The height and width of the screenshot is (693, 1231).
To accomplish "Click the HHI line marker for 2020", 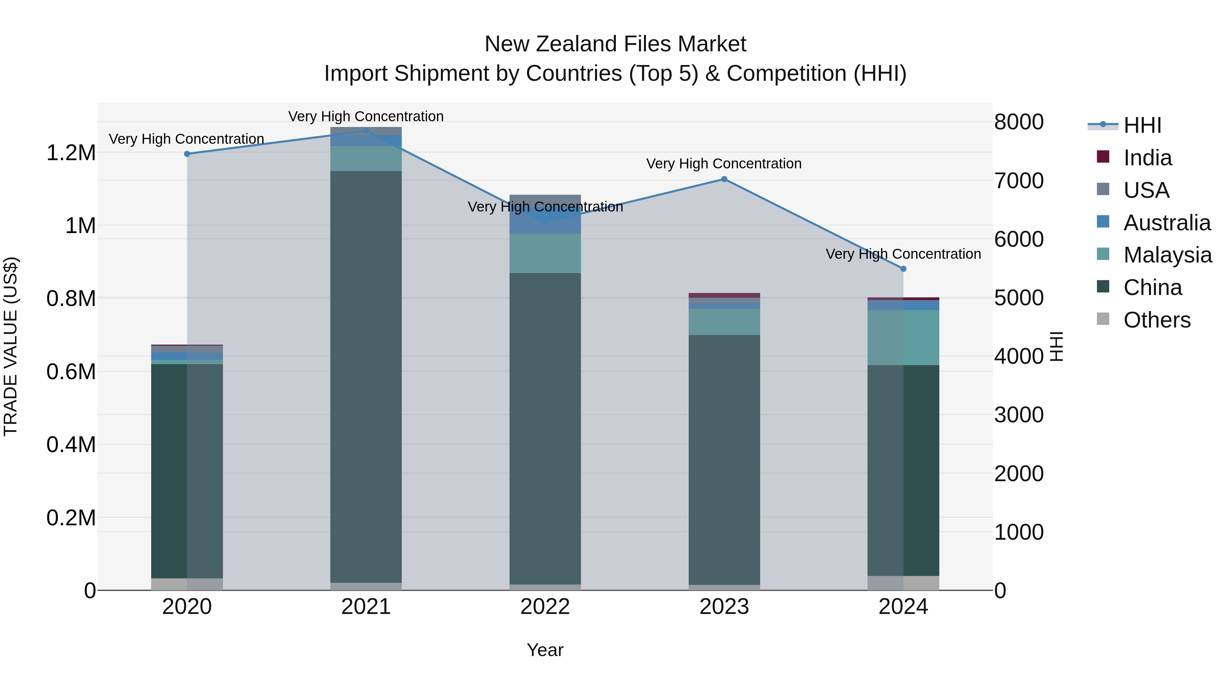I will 187,154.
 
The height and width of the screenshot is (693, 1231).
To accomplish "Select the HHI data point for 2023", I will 724,179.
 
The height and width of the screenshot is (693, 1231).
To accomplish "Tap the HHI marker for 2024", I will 903,269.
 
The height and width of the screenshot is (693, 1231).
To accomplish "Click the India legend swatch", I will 1103,157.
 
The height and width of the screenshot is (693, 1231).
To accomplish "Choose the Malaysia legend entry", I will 1167,255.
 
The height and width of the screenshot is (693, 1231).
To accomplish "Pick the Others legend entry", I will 1156,320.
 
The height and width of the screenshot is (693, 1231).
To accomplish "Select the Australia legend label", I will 1167,223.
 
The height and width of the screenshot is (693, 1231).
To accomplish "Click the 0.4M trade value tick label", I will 71,445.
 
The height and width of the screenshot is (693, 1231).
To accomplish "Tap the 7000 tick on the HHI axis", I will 1019,181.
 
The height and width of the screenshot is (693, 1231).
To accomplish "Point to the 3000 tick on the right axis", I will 1019,415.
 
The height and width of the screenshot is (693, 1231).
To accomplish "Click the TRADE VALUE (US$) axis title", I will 11,346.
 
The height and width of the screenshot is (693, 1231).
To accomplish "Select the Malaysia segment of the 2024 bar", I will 903,338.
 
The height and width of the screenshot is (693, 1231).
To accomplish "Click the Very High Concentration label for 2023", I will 724,164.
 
